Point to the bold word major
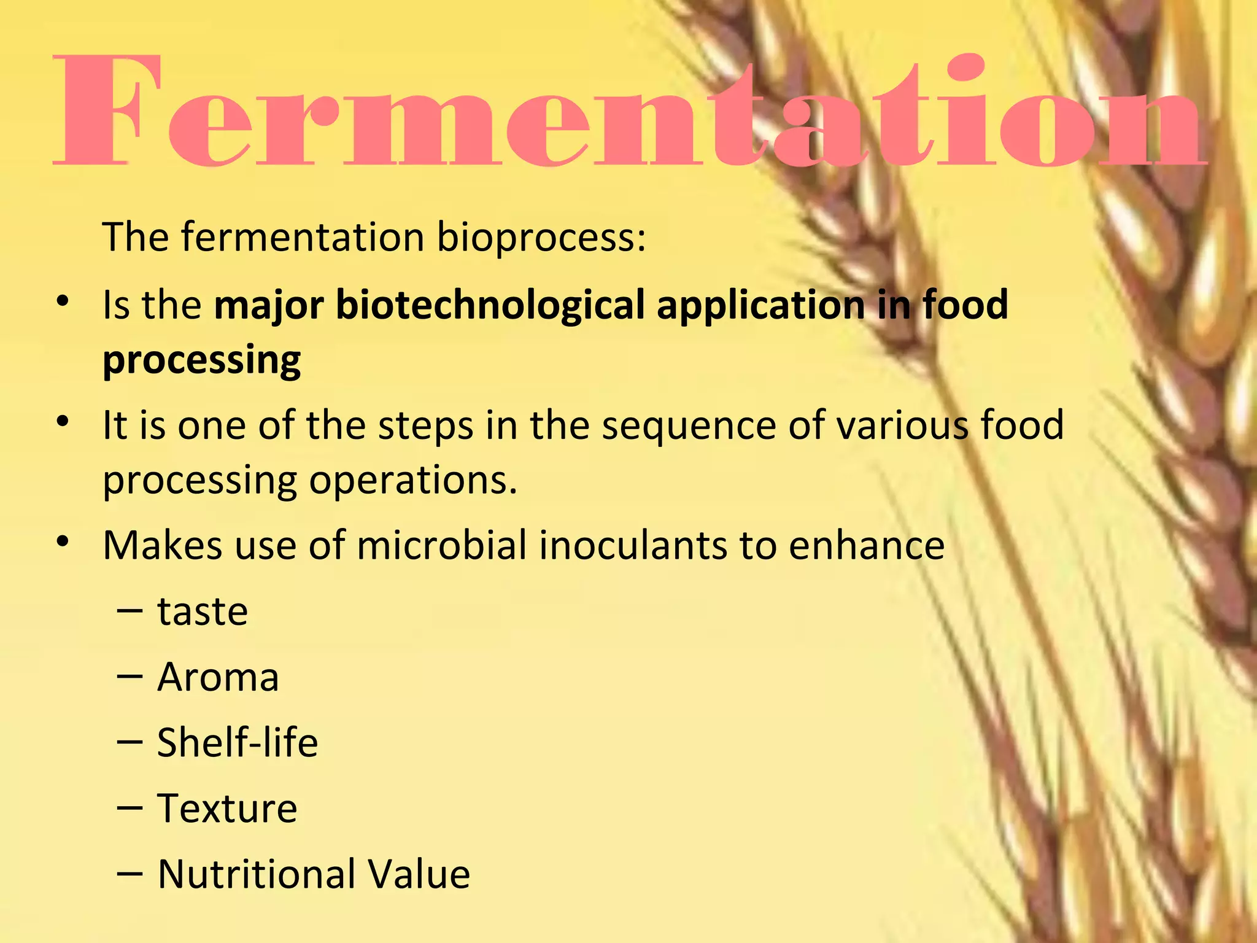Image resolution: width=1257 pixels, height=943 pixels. coord(268,306)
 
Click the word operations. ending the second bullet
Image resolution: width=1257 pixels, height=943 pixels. coord(412,481)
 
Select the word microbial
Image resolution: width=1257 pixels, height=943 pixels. coord(441,545)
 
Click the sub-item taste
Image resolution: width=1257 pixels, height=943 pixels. coord(203,611)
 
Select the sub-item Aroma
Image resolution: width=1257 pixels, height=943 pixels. coord(218,677)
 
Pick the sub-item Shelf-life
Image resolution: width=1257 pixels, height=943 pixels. coord(238,742)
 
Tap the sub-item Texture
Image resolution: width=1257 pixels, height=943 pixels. coord(227,809)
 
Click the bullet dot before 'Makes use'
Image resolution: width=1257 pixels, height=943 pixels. coord(62,542)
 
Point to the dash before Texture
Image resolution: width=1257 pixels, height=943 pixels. coord(130,809)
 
